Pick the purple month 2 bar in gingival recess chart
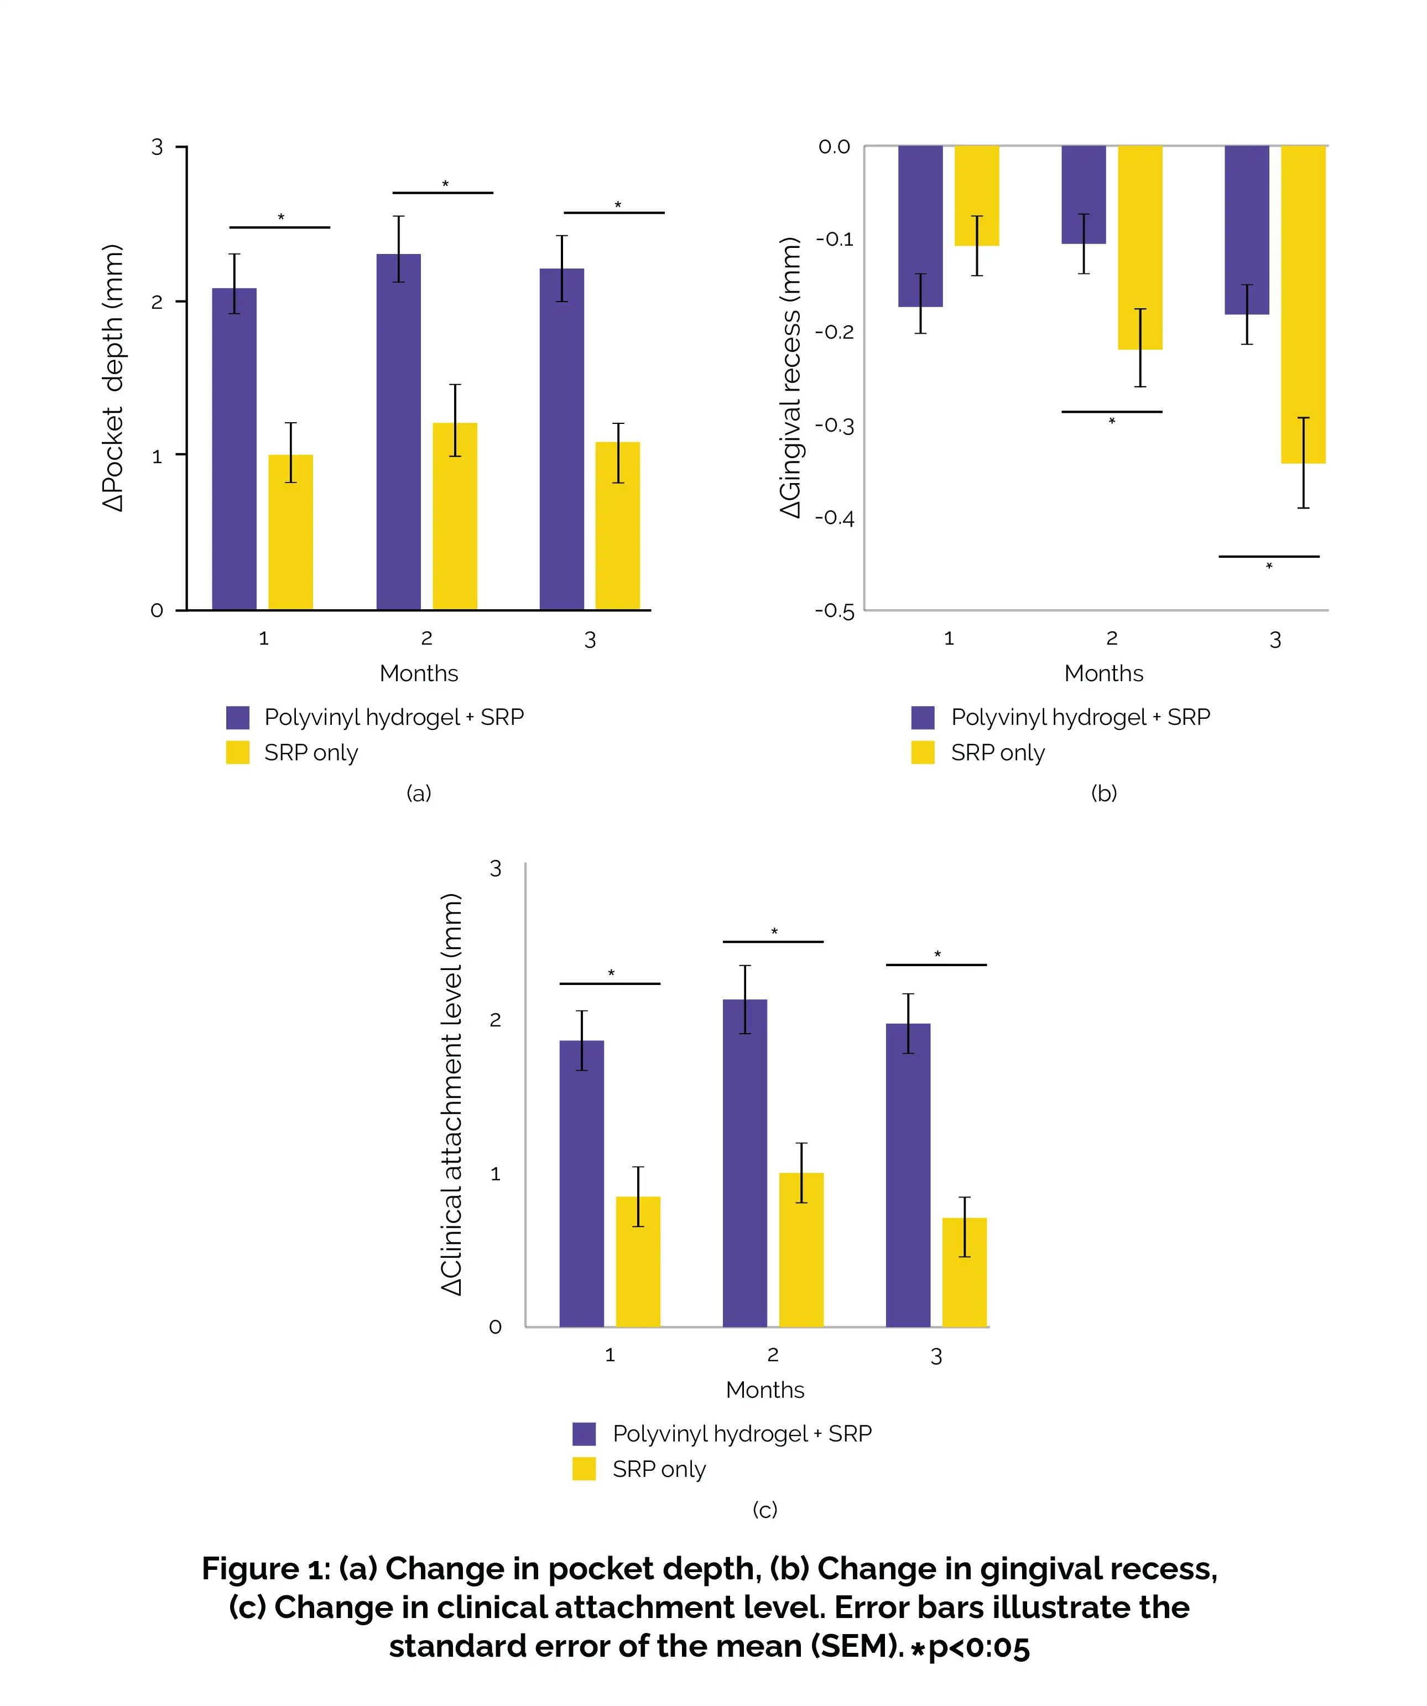pyautogui.click(x=1084, y=194)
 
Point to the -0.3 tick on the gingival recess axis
pyautogui.click(x=835, y=426)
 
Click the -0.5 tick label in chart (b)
pyautogui.click(x=835, y=611)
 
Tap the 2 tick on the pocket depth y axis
pyautogui.click(x=157, y=302)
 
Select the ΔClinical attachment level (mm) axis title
pyautogui.click(x=451, y=1095)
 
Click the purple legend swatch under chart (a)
pyautogui.click(x=238, y=717)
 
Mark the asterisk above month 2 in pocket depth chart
pyautogui.click(x=445, y=184)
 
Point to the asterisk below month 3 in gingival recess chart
pyautogui.click(x=1269, y=566)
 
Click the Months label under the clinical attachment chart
pyautogui.click(x=765, y=1390)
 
